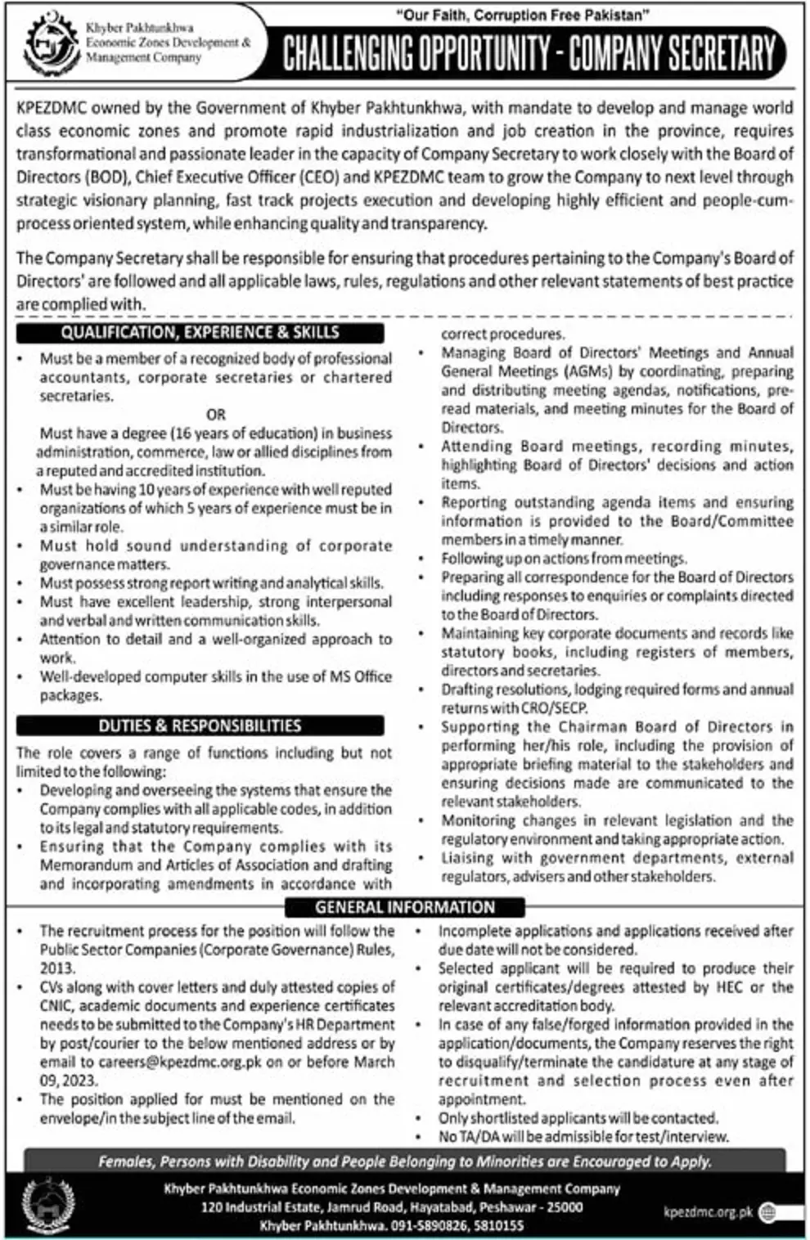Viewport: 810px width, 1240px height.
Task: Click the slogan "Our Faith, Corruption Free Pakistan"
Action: pyautogui.click(x=511, y=14)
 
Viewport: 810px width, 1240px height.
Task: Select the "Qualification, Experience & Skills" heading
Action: pyautogui.click(x=200, y=332)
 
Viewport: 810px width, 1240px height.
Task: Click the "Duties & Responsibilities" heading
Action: pyautogui.click(x=200, y=726)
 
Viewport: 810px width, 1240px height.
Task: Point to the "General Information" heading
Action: pyautogui.click(x=405, y=907)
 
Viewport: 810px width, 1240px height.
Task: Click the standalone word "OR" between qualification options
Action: pyautogui.click(x=216, y=415)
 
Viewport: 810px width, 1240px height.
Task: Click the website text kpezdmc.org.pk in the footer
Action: pyautogui.click(x=709, y=1212)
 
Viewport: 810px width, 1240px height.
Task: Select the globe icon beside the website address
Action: pyautogui.click(x=768, y=1212)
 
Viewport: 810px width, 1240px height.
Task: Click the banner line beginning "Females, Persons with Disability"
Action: pyautogui.click(x=405, y=1161)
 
